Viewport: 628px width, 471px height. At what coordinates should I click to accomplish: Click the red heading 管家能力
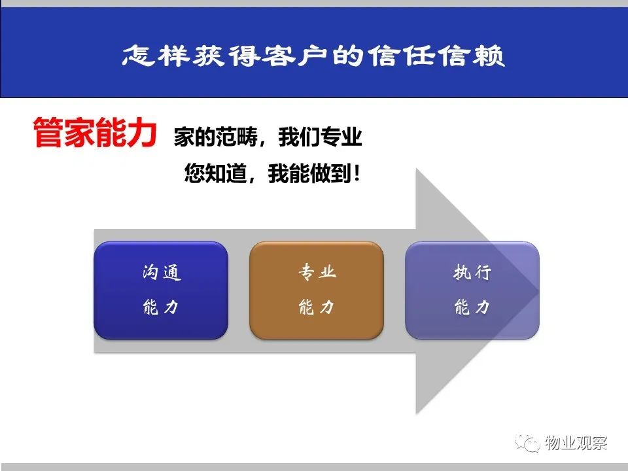(95, 133)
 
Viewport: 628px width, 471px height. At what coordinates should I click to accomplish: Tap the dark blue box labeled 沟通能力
(161, 290)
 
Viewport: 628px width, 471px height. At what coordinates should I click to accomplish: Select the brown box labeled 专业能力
(317, 290)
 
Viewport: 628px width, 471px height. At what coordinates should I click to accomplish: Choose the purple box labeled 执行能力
(472, 290)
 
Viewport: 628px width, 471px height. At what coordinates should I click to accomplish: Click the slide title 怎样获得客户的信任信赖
(313, 55)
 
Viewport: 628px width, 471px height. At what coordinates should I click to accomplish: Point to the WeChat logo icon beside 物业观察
(527, 443)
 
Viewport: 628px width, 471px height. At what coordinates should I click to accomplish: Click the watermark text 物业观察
(576, 443)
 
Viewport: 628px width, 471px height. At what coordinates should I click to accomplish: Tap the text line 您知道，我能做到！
(272, 173)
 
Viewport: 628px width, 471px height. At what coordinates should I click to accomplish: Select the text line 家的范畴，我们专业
(268, 137)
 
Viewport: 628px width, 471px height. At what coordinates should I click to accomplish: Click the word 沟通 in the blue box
(162, 273)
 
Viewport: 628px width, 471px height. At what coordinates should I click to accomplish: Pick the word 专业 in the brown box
(317, 272)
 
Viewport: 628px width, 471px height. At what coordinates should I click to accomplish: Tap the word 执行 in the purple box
(472, 272)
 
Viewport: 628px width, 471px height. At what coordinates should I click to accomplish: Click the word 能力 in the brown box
(317, 307)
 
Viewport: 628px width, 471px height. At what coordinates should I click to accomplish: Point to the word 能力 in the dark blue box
(161, 307)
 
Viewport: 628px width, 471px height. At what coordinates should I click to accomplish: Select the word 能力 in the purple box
(472, 307)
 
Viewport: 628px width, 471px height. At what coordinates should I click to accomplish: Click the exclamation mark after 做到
(357, 174)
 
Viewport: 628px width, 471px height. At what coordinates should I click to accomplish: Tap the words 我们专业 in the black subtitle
(321, 137)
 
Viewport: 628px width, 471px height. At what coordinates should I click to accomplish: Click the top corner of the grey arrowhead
(417, 169)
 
